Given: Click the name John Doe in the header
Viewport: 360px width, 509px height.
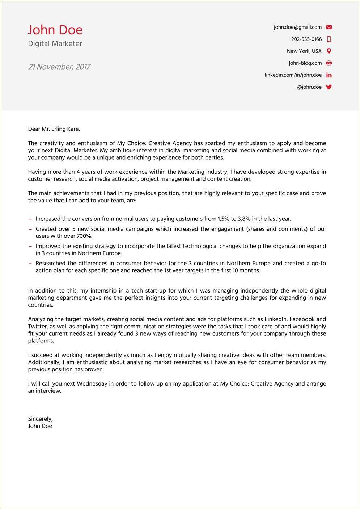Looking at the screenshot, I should (x=55, y=30).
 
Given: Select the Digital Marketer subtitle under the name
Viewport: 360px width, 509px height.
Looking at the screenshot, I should (x=55, y=43).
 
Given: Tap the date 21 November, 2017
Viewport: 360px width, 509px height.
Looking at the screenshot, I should (x=59, y=67).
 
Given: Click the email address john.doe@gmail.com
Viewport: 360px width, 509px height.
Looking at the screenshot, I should (x=297, y=27).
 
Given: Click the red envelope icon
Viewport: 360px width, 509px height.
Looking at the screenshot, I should (x=329, y=27).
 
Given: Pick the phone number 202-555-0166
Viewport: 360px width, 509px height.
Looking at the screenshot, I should (x=306, y=39).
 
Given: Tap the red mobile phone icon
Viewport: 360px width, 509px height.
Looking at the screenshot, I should (x=329, y=39).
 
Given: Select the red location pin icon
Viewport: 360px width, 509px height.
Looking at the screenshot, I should (x=329, y=51).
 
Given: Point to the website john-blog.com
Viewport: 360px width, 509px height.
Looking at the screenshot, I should (x=305, y=63).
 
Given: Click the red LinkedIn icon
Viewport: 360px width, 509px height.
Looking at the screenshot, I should (x=329, y=75).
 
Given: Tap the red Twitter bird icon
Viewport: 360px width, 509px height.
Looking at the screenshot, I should (x=329, y=87).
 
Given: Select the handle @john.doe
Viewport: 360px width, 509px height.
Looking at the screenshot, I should (x=309, y=87).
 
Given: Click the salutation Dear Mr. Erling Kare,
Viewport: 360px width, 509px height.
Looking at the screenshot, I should (x=54, y=129).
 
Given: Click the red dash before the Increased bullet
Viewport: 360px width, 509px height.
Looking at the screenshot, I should (x=31, y=219).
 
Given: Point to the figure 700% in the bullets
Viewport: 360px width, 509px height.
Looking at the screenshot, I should (x=84, y=236).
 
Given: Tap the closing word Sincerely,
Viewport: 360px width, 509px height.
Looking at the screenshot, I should (x=40, y=419).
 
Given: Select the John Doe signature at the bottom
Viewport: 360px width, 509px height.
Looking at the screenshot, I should (x=40, y=426).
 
